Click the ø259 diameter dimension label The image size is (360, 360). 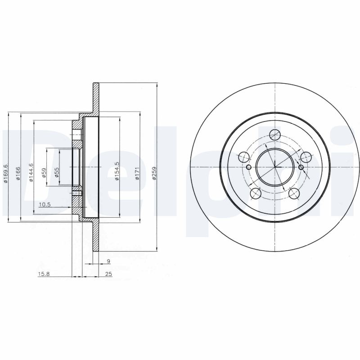154,174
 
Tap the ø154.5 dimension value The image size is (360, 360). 117,171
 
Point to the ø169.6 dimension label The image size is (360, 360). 6,174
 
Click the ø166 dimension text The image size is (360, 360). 18,174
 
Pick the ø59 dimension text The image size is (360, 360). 44,173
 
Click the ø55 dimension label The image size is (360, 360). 56,173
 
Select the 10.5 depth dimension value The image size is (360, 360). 45,205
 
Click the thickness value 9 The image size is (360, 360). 108,261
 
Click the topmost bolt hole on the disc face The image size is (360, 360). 274,135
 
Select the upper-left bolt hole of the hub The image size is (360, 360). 243,157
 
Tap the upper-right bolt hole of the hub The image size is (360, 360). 306,157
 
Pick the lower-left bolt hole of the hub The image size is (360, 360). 255,193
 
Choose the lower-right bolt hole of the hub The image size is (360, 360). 294,193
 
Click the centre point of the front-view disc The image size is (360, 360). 274,167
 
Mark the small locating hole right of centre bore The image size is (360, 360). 301,167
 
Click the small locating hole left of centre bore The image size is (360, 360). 248,167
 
